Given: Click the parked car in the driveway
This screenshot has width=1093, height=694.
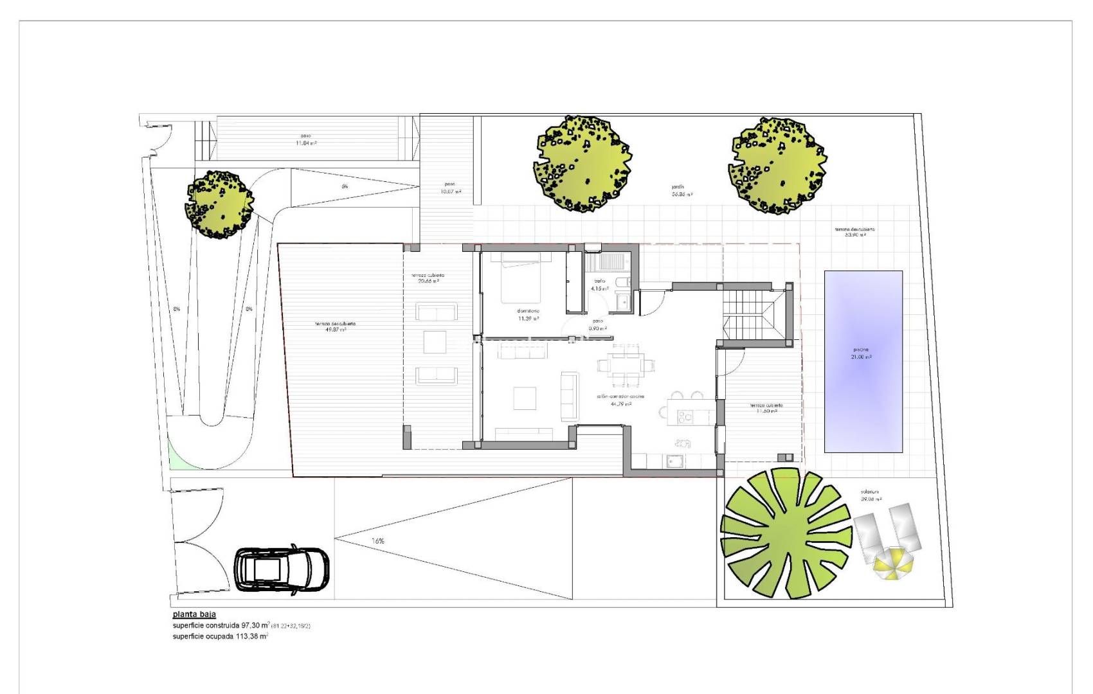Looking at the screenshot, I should point(282,569).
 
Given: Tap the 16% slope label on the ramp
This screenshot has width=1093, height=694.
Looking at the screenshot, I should point(378,541).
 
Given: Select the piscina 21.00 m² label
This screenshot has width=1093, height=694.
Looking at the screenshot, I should point(862,353).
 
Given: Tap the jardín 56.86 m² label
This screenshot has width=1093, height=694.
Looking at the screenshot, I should point(682,191).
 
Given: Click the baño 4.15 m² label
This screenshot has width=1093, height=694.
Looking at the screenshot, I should point(599,285).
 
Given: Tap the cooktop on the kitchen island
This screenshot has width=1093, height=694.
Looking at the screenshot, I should point(686,417).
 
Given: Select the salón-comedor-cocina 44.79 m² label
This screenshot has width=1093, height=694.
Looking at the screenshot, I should point(620,400).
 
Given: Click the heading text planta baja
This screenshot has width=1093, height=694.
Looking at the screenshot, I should point(194,614).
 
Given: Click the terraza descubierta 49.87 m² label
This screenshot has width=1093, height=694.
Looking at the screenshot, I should point(335,326).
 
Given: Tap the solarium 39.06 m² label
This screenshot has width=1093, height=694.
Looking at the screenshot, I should point(871,495).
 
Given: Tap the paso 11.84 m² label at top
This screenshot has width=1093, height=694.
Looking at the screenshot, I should point(306,139).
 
